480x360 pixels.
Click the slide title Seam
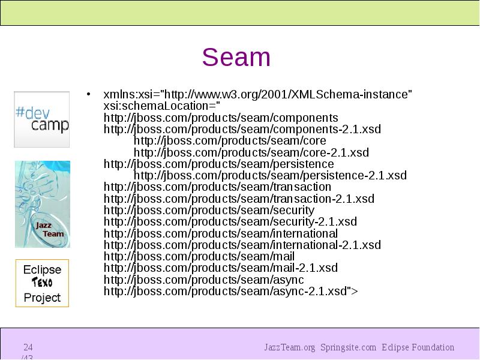(236, 58)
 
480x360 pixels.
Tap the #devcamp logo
(42, 119)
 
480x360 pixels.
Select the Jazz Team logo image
(42, 204)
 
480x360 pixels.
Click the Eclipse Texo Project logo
(42, 283)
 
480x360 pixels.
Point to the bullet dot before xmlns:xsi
(88, 95)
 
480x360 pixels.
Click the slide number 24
(28, 347)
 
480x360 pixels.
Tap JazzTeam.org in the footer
(289, 347)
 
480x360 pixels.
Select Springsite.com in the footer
(348, 347)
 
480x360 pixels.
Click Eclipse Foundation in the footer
(418, 347)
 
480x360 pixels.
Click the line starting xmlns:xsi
(258, 95)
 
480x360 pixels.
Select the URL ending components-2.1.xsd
(242, 130)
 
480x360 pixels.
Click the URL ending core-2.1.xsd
(251, 152)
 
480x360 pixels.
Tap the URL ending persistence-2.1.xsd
(270, 176)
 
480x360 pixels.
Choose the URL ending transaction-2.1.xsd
(239, 199)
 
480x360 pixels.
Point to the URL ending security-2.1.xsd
(230, 222)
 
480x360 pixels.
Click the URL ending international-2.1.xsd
(242, 245)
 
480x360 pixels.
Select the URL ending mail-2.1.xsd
(221, 268)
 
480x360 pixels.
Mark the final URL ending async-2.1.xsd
(230, 292)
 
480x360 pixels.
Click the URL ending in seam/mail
(199, 257)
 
